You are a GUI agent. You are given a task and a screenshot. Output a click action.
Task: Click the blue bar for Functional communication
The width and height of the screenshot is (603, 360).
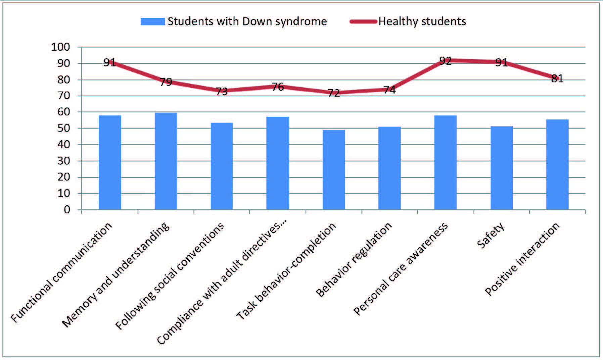pos(110,162)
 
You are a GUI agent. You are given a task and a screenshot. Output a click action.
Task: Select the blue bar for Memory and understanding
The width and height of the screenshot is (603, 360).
pos(166,161)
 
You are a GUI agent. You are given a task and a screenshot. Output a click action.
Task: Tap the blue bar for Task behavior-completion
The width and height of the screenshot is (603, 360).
pos(334,170)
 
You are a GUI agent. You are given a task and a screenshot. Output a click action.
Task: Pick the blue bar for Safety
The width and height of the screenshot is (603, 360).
pos(502,168)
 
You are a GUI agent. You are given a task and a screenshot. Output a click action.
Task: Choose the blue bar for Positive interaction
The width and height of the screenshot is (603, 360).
pos(557,164)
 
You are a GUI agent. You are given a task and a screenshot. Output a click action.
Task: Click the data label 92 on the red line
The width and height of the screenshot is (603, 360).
pos(445,61)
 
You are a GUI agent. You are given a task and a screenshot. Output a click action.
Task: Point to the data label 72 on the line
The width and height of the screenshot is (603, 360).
pos(333,93)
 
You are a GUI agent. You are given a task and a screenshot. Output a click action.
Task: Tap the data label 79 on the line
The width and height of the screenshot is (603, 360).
pos(166,82)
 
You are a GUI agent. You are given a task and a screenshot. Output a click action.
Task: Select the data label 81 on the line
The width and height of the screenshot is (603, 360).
pos(557,79)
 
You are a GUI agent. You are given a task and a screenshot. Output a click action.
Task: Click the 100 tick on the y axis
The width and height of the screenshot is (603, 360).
pos(60,47)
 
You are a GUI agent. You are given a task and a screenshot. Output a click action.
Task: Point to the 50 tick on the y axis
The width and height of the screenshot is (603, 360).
pos(63,128)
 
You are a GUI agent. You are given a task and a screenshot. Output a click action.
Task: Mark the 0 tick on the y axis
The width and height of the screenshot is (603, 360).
pos(67,210)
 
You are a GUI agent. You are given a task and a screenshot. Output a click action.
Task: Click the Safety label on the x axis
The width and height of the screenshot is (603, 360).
pos(490,235)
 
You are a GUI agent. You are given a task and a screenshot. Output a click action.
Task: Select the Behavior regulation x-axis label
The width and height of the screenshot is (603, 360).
pos(354,259)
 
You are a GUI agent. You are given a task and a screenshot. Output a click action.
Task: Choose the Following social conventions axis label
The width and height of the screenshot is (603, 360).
pos(170,276)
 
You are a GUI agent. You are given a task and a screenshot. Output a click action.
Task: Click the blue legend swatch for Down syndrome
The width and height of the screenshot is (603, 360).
pos(153,21)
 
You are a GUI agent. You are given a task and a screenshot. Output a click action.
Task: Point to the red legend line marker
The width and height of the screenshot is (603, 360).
pos(363,21)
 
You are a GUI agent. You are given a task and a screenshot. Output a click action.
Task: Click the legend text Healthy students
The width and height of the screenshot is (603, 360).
pos(422,21)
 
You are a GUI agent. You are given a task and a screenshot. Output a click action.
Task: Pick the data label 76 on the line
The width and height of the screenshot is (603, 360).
pos(278,87)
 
